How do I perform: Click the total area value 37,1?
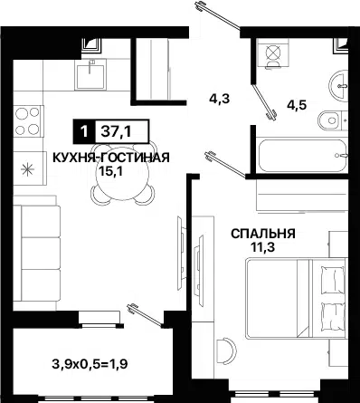click(116, 131)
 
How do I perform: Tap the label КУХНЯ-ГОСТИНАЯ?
click(111, 158)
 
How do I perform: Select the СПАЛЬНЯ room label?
click(263, 234)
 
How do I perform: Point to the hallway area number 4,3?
click(219, 99)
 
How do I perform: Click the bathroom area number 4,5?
click(297, 105)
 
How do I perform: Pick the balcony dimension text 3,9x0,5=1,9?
click(90, 364)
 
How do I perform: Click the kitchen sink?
click(90, 74)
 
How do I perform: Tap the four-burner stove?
click(28, 121)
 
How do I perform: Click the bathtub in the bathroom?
click(302, 156)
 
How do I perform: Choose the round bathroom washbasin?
click(338, 86)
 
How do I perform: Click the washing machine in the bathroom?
click(273, 53)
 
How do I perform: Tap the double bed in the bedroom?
click(296, 299)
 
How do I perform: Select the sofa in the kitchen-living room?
click(37, 254)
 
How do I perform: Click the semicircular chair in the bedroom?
click(227, 351)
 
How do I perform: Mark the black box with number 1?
click(84, 131)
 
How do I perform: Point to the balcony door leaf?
click(146, 315)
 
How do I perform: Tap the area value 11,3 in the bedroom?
click(263, 247)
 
